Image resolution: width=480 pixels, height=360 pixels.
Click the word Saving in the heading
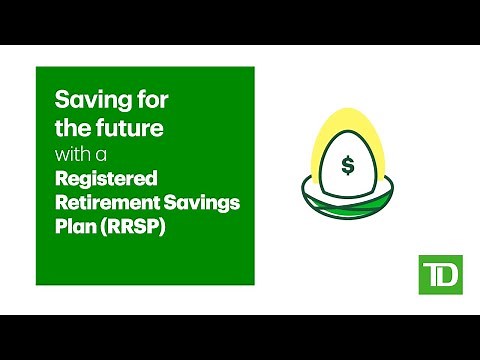click(85, 102)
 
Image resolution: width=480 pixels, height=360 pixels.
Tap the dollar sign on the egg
click(347, 165)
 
